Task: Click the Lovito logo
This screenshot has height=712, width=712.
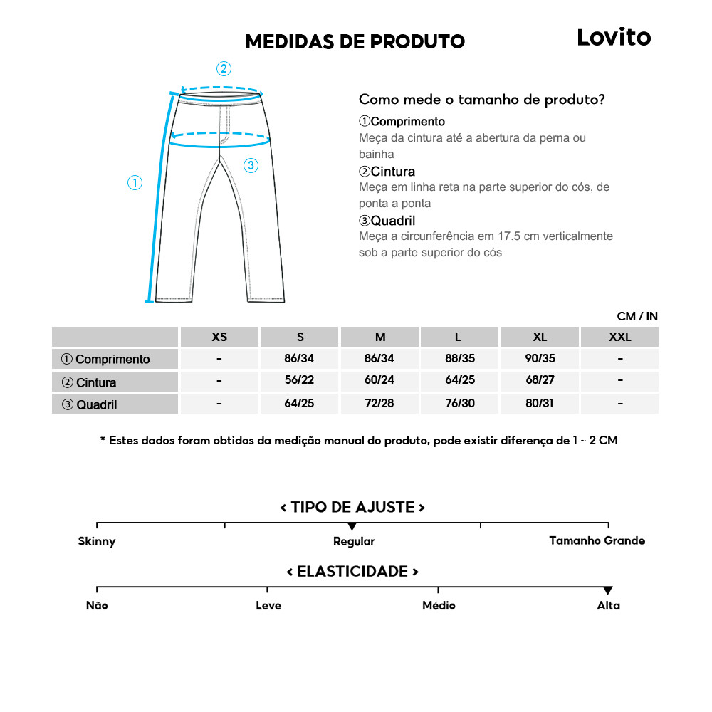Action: pos(614,38)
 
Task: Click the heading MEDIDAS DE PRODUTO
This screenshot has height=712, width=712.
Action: pos(355,42)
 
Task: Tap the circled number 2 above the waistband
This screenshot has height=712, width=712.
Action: pos(224,68)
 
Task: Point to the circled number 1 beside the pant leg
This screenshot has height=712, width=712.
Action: pos(135,183)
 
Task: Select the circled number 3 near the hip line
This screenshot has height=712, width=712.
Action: pos(251,166)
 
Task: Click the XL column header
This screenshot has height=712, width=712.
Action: pos(540,337)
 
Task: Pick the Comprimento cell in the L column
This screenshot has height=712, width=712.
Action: pos(460,359)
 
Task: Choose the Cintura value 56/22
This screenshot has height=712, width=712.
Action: pos(299,381)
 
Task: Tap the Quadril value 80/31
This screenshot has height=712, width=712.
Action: pos(540,403)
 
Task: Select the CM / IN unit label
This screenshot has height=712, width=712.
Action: pos(637,316)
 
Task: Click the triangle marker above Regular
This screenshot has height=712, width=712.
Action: pos(352,526)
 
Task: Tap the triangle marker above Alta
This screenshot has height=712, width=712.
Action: pos(608,590)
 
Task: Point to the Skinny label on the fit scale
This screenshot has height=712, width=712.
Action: pos(97,541)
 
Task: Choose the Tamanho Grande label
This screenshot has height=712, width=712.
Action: pos(597,541)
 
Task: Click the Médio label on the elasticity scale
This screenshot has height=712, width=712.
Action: pos(439,605)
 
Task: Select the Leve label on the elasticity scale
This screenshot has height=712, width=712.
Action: pos(268,605)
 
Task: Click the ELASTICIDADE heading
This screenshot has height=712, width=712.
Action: pos(352,572)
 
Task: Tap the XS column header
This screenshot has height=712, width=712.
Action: pos(219,337)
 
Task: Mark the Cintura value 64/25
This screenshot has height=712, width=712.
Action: pos(460,381)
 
